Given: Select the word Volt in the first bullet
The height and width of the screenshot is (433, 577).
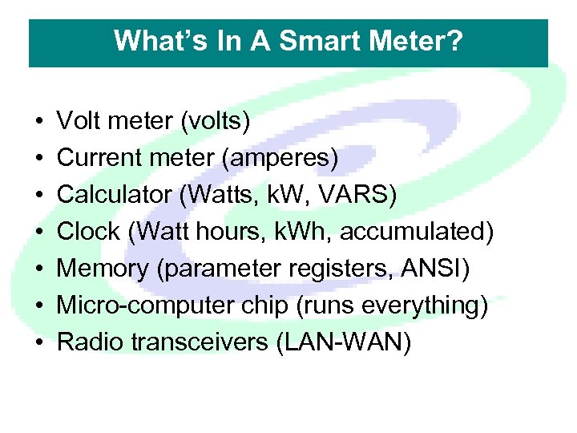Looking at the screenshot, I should (79, 122).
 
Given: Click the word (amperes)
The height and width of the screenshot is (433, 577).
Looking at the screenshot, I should (277, 159).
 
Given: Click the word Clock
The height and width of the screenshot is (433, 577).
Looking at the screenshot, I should (86, 233).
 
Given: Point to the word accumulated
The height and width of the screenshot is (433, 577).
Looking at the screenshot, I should (417, 233).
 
